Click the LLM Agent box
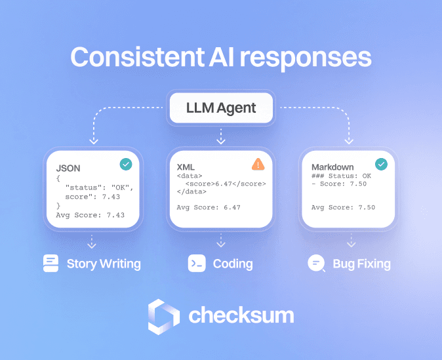point(221,108)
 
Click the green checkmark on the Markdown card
point(380,165)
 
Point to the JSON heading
point(69,167)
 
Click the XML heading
point(186,167)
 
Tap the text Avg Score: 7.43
point(90,214)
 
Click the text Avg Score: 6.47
point(209,207)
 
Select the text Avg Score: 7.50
point(343,207)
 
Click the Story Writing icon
point(50,264)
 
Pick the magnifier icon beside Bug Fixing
point(316,264)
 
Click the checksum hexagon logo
point(163,316)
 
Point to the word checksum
point(241,316)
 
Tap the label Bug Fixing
point(361,264)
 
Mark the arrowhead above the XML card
point(221,140)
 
